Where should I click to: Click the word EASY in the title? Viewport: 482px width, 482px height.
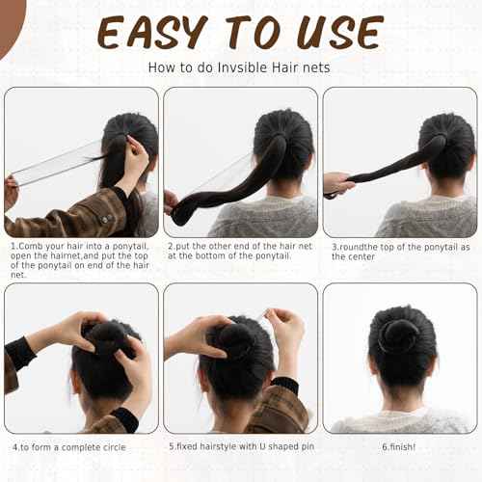point(149,32)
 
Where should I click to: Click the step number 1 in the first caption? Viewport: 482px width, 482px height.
point(13,246)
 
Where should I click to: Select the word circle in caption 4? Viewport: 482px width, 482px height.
point(111,447)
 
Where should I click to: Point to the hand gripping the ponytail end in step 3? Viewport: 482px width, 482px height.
point(336,182)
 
